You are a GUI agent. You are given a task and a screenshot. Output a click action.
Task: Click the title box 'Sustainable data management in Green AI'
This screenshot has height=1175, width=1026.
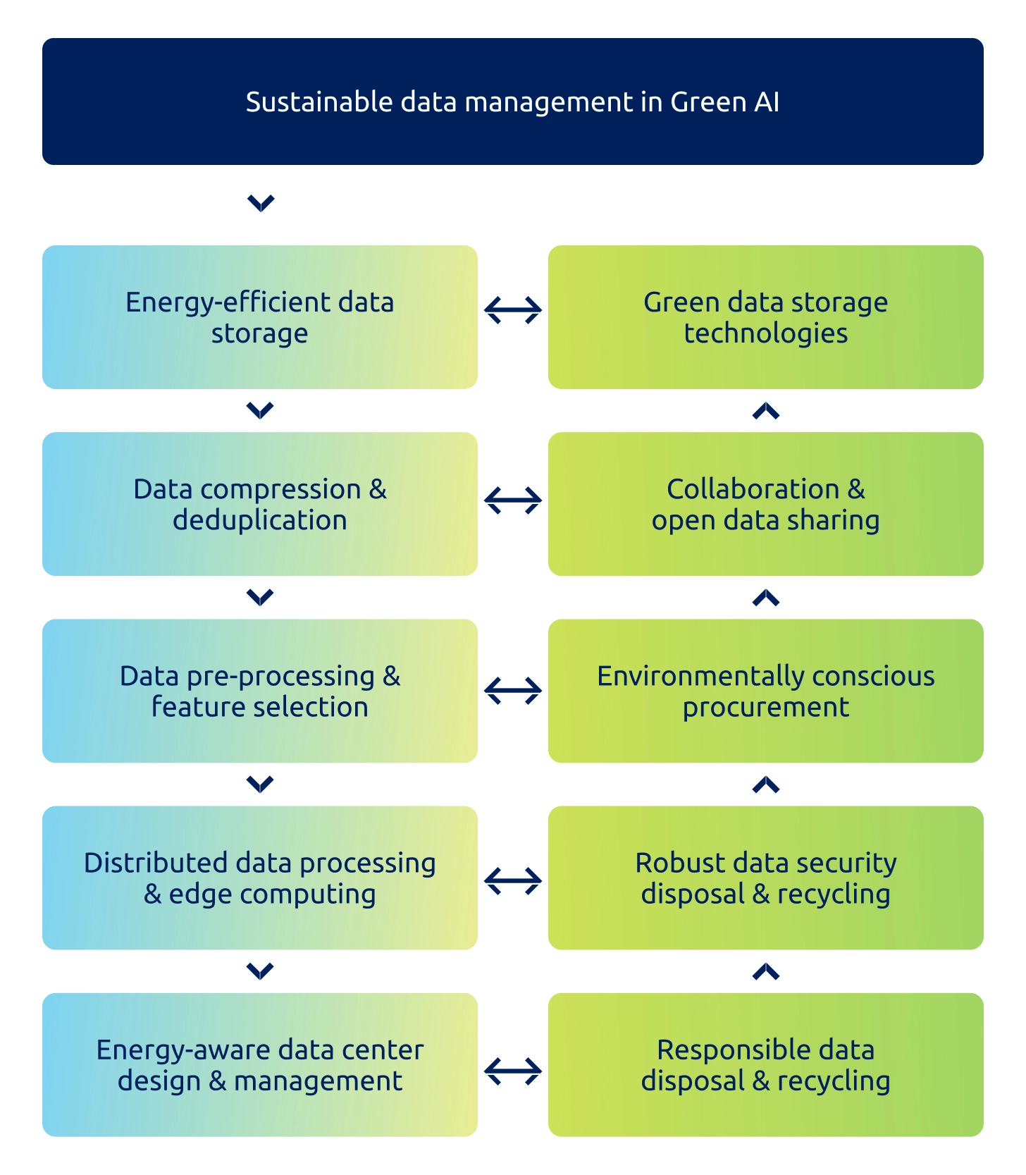512,101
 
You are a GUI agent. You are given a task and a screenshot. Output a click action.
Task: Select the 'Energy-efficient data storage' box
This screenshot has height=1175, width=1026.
259,317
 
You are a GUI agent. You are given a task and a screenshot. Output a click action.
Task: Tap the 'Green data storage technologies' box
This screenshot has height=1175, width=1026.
765,317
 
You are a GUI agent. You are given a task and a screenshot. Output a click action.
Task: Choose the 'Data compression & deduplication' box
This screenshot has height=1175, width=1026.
259,504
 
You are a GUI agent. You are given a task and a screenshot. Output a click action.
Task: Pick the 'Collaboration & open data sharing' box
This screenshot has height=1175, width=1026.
765,504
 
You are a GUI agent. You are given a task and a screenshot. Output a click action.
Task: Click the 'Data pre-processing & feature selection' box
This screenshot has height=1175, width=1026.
259,691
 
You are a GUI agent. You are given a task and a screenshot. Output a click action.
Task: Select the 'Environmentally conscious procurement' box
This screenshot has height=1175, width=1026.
765,691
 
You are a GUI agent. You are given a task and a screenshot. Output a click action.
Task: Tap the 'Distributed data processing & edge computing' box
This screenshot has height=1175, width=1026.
259,878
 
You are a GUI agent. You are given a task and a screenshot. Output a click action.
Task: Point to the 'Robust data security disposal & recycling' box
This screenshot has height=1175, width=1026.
765,878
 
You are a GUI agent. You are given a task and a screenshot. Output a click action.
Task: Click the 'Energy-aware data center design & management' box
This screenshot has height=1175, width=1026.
259,1064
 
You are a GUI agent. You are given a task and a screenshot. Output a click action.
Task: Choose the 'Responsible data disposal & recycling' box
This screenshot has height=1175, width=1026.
765,1064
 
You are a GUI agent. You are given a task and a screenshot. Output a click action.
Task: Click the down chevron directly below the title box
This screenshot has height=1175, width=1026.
261,204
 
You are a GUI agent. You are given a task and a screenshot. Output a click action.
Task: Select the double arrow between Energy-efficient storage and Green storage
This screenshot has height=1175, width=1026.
513,310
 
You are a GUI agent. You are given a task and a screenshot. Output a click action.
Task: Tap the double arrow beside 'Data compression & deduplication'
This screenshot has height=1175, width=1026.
513,500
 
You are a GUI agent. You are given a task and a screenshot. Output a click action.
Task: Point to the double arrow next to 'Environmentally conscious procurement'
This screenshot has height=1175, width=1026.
513,691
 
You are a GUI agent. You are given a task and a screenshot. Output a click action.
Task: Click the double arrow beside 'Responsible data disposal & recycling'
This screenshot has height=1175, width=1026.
513,1071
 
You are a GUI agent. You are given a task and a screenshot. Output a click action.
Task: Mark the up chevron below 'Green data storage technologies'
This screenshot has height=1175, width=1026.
766,411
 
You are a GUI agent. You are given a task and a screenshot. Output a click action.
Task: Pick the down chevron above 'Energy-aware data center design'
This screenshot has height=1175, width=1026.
261,971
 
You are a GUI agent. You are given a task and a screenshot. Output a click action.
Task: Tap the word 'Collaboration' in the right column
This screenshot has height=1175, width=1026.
753,489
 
